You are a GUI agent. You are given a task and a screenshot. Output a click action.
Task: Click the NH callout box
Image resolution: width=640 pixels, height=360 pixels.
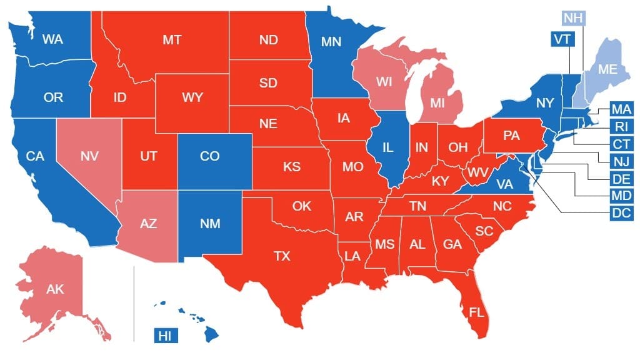574,17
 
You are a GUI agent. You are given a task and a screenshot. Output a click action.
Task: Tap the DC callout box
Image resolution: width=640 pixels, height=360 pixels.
621,212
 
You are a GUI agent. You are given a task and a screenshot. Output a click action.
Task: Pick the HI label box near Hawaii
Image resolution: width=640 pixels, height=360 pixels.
165,336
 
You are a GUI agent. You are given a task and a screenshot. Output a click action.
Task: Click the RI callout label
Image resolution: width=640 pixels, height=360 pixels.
621,127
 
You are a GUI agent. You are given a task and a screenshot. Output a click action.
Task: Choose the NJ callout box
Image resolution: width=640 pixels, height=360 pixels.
621,161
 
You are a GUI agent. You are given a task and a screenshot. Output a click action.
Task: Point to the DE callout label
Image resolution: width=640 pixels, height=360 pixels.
621,179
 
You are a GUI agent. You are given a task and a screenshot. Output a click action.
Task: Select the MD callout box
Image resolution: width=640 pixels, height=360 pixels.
621,196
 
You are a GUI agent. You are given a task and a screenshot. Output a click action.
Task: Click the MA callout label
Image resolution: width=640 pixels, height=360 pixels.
621,110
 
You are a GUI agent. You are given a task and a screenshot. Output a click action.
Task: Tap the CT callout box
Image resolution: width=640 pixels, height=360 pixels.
621,144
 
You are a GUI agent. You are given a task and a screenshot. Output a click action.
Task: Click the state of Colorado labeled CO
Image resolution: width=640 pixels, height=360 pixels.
209,156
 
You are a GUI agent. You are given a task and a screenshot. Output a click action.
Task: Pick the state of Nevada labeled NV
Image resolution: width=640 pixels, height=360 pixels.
90,156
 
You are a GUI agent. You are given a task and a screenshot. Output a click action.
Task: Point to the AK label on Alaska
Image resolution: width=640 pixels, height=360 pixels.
55,289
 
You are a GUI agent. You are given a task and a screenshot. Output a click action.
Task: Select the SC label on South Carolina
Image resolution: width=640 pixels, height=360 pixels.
484,231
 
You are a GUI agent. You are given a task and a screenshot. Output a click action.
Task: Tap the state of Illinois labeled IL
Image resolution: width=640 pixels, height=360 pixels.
387,147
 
